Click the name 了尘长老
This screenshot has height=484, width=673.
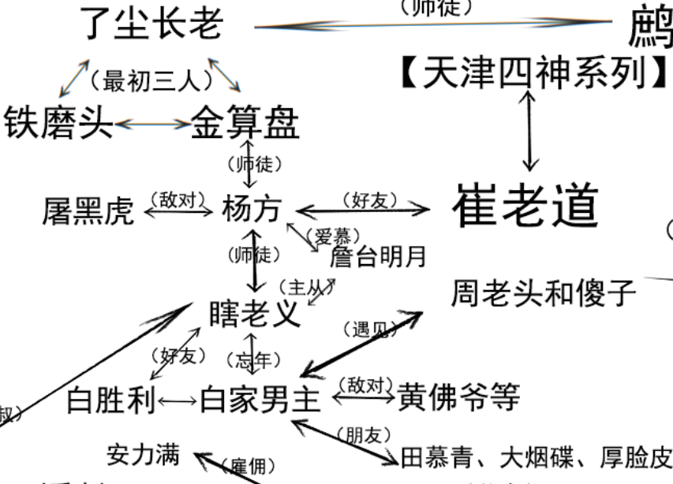(x=152, y=24)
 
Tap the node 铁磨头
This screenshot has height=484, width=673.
(x=58, y=123)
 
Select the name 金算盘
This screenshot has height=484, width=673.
(x=245, y=123)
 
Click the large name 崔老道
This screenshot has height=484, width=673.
(x=526, y=207)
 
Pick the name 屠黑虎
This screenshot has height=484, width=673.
(x=88, y=210)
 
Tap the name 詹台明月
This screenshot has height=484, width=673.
(x=378, y=256)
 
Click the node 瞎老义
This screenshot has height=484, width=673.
(x=254, y=314)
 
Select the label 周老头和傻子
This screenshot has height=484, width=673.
(x=544, y=293)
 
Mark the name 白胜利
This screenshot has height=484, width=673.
(x=110, y=400)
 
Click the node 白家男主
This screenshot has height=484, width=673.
(x=261, y=400)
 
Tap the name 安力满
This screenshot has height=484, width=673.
(x=143, y=454)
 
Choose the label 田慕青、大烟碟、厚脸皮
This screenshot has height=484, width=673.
(x=537, y=457)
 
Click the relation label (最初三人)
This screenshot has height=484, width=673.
(x=152, y=80)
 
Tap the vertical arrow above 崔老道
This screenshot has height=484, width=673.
(x=530, y=131)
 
